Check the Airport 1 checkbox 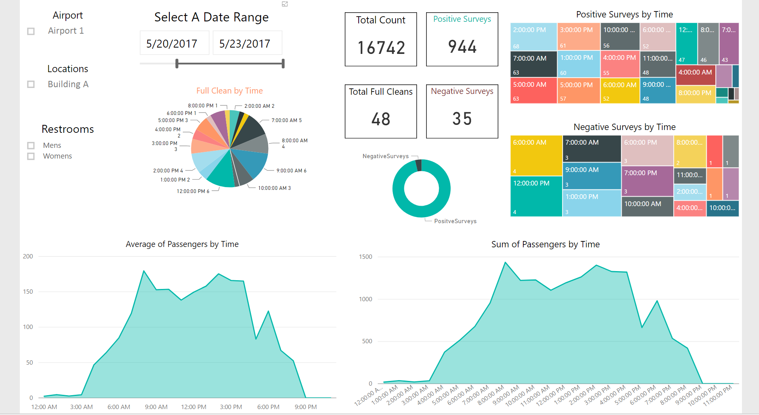tap(31, 31)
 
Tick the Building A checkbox tap(31, 84)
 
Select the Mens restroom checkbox tap(31, 145)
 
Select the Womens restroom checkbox tap(31, 156)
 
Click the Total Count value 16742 tap(381, 48)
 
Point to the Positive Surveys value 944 tap(462, 47)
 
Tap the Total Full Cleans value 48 tap(381, 119)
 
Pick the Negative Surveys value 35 tap(462, 119)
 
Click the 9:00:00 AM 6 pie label tap(291, 171)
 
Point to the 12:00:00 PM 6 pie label tap(193, 191)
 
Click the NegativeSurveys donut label tap(385, 156)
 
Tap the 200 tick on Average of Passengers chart tap(28, 256)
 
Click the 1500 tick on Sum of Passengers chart tap(365, 257)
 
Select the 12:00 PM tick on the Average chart tap(194, 407)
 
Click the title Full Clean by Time tap(229, 91)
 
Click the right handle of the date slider tap(283, 63)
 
